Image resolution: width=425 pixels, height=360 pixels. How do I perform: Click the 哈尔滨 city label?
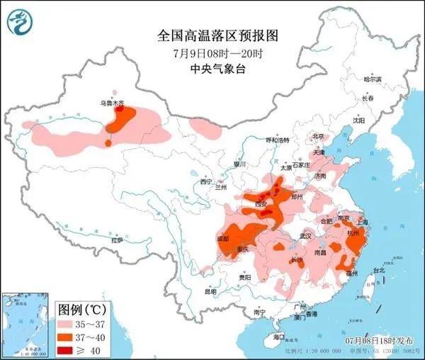[x=372, y=79]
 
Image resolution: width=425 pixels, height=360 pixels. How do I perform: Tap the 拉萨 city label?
[x=116, y=240]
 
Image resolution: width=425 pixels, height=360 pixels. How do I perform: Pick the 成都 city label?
[x=223, y=239]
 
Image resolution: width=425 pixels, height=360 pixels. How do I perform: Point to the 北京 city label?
[x=318, y=136]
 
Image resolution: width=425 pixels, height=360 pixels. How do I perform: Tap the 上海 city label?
[x=364, y=220]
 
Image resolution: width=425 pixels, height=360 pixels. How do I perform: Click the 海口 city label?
[x=280, y=338]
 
